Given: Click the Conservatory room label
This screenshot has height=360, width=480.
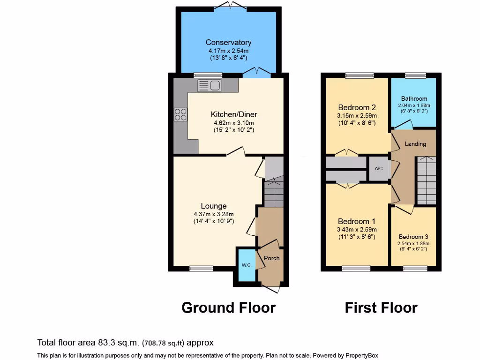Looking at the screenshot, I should point(228,43).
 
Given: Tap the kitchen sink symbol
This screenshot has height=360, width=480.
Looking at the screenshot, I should point(210,85).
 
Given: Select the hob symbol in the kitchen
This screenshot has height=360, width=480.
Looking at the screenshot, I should point(180,114).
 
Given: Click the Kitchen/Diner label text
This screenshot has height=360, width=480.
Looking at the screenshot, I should point(234,114).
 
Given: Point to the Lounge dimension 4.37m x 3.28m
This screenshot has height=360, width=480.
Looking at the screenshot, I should point(214,214).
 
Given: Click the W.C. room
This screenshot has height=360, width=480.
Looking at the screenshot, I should point(247,265).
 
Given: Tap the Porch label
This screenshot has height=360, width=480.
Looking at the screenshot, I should point(272,258).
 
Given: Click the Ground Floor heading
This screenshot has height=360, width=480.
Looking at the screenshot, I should point(228,307).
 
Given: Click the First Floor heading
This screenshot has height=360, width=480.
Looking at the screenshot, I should point(381,307).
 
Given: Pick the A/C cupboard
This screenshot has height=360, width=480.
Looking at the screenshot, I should point(379,169).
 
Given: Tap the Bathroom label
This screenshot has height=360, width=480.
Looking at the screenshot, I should point(414,98).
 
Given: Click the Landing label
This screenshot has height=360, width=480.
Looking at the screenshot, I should point(415,144).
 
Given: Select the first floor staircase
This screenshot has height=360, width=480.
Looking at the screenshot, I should point(426,180).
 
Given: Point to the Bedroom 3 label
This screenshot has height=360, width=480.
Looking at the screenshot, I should point(413,237).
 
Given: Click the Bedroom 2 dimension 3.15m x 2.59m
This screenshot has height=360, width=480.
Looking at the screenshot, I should point(357,115).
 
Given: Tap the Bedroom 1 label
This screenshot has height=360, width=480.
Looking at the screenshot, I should point(357,221).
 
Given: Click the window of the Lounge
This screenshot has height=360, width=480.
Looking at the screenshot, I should point(201,269).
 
